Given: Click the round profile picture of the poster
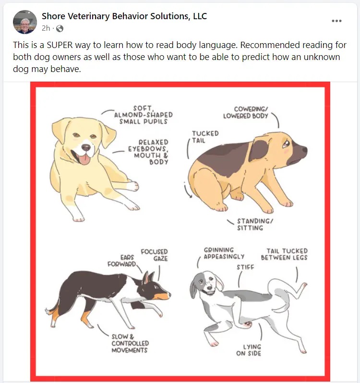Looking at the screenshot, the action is click(25, 22).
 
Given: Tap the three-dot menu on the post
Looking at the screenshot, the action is click(336, 21).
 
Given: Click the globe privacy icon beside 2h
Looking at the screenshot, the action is click(60, 29).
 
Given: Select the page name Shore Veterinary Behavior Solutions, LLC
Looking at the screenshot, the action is click(124, 16).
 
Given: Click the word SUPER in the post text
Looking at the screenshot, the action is click(60, 45).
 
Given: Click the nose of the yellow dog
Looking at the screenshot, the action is click(86, 147).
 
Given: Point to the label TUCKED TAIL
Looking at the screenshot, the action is click(205, 137).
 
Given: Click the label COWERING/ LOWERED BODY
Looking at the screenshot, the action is click(246, 112).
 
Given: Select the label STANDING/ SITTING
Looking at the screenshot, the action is click(255, 225).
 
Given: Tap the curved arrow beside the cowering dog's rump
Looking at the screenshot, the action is click(187, 190).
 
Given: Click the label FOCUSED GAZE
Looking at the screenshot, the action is click(155, 255).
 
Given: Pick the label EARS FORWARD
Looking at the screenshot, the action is click(121, 261).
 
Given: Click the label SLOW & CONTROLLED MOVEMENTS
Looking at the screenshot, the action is click(130, 344).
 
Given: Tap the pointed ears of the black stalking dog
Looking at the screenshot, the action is click(148, 278).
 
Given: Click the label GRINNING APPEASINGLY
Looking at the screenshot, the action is click(224, 253).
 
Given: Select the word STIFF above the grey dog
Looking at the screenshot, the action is click(245, 267).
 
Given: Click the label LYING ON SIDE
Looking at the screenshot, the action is click(249, 350).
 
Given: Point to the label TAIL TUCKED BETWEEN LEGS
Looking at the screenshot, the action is click(284, 254).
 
